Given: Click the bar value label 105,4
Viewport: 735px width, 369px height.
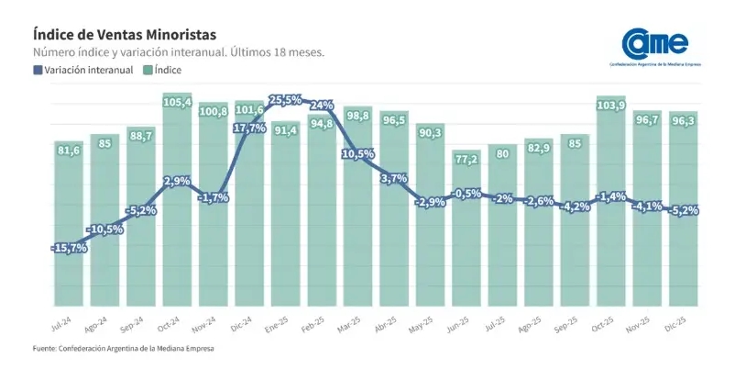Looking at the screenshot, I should (177, 102).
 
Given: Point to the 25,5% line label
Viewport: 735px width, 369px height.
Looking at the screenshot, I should (286, 99).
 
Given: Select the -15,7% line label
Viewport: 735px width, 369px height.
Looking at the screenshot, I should (69, 248).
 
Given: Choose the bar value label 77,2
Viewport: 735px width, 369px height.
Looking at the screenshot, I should (466, 159).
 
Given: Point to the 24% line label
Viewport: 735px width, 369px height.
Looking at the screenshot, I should (322, 105).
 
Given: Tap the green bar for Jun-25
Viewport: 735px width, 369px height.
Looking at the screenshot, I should (466, 239).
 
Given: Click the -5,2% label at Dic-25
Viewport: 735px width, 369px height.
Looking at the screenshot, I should (683, 210).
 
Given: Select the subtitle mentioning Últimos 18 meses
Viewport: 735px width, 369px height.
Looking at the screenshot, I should (179, 52).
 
